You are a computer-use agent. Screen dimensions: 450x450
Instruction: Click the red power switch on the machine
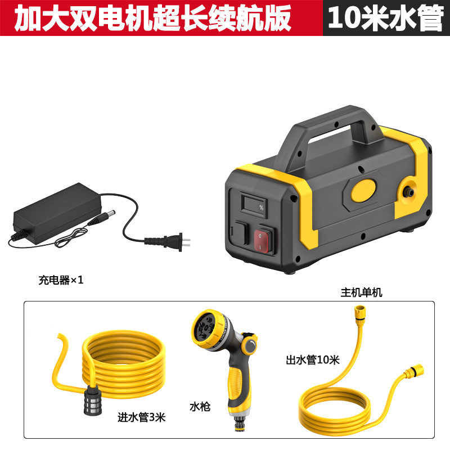[x=262, y=241]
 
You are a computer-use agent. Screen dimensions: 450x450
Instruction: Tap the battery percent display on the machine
[x=254, y=205]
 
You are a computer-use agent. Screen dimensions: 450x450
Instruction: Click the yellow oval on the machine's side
[x=363, y=190]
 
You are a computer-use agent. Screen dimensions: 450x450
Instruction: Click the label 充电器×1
[x=61, y=280]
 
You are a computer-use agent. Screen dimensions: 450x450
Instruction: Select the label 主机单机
[x=361, y=292]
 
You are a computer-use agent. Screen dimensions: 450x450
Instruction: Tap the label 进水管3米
[x=142, y=417]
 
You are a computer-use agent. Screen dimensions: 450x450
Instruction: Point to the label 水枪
[x=200, y=407]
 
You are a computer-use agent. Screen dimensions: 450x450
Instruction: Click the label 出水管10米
[x=313, y=360]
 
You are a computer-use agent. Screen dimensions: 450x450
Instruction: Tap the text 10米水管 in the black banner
[x=386, y=18]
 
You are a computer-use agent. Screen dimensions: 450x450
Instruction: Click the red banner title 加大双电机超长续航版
[x=152, y=18]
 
